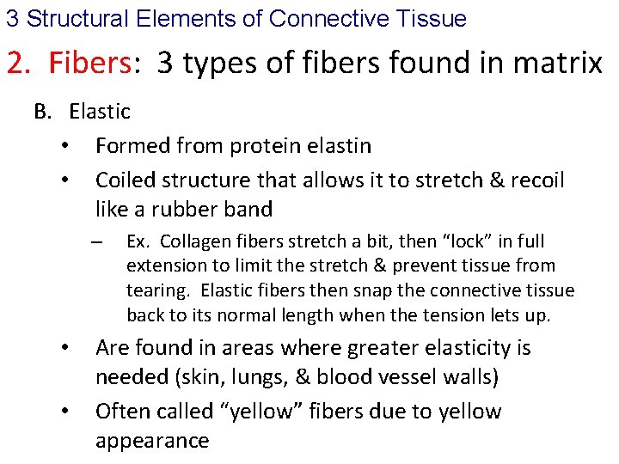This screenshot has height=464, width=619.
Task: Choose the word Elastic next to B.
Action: [100, 112]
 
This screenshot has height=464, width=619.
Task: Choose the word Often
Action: [120, 412]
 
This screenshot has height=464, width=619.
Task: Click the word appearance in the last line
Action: [152, 441]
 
